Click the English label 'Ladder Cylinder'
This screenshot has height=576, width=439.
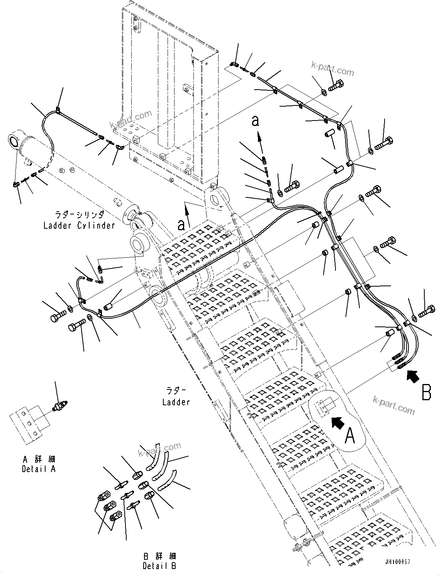pyautogui.click(x=79, y=225)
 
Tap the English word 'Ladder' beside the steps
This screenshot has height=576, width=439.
pyautogui.click(x=176, y=402)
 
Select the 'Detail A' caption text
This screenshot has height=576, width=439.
pyautogui.click(x=39, y=469)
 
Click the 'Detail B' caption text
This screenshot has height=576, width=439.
pyautogui.click(x=159, y=566)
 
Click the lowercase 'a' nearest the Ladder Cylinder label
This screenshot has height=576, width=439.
pyautogui.click(x=181, y=224)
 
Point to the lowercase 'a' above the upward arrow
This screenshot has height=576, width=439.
pyautogui.click(x=255, y=121)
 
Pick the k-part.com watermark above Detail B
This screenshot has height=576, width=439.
pyautogui.click(x=160, y=449)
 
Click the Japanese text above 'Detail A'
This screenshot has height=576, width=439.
pyautogui.click(x=39, y=459)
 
